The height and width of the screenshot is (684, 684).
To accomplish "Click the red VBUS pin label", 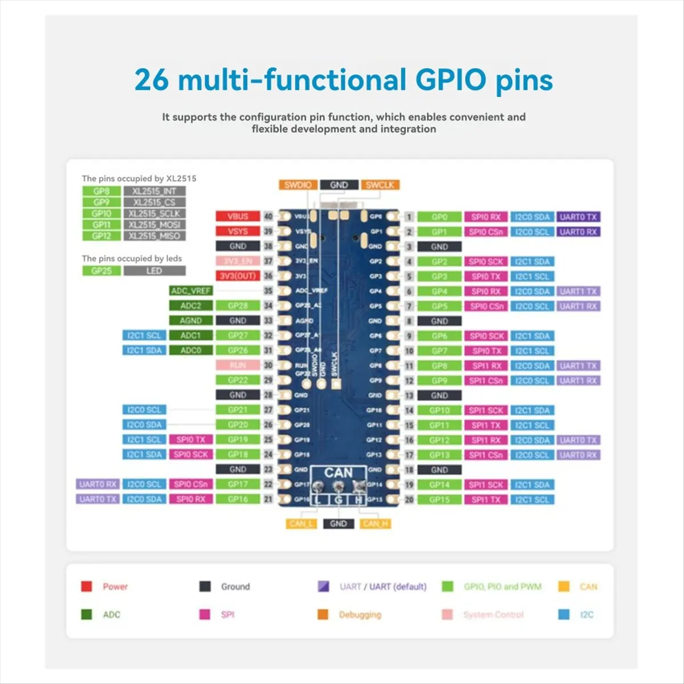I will [238, 217].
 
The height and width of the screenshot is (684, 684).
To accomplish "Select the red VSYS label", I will [238, 231].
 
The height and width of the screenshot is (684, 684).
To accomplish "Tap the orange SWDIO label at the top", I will [298, 185].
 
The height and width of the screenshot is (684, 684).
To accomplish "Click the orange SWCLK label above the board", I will [380, 185].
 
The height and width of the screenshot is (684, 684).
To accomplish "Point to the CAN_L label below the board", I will [300, 524].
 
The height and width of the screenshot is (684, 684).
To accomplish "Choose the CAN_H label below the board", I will [375, 524].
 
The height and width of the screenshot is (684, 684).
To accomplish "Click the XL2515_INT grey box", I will [154, 192].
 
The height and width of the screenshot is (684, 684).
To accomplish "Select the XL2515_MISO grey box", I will [154, 236].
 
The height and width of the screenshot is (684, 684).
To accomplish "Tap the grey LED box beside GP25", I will [154, 271].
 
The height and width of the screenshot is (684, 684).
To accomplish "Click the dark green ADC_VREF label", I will [190, 291].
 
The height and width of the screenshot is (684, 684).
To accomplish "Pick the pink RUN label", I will [238, 365].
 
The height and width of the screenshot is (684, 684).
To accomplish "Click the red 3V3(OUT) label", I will [238, 276].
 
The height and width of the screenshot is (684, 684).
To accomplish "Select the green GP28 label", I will [238, 306].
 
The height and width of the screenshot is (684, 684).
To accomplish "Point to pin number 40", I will [268, 217].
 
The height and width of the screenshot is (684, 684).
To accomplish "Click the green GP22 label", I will [238, 380].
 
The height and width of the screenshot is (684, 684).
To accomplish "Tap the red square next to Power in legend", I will [87, 587].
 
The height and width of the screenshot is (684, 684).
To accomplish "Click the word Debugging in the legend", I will [360, 614].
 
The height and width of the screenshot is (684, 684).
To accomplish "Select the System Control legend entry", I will [493, 614].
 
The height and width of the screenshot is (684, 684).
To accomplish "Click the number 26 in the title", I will [152, 80].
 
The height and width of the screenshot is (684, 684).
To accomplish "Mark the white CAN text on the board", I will [338, 473].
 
